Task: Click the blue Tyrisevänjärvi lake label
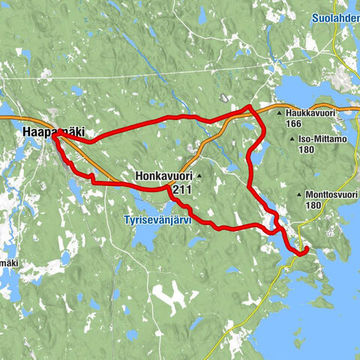(158, 220)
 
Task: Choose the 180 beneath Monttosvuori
(313, 205)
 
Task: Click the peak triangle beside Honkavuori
(199, 175)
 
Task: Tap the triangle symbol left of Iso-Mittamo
(289, 139)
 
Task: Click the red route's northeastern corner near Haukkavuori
(250, 106)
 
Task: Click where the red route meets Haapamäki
(55, 136)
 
